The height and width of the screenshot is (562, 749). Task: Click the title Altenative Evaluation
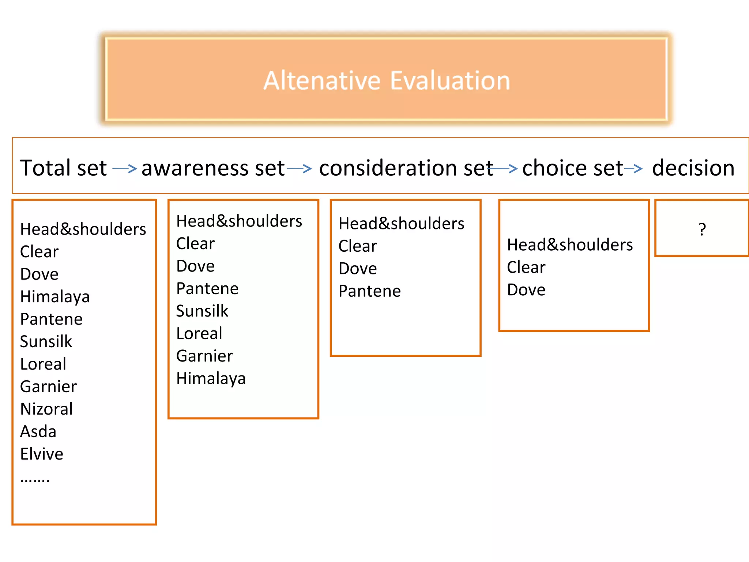pyautogui.click(x=387, y=80)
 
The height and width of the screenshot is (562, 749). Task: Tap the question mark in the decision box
pyautogui.click(x=702, y=229)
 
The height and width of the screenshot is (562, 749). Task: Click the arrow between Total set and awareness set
pyautogui.click(x=125, y=169)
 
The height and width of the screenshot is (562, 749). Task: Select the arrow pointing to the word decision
pyautogui.click(x=633, y=169)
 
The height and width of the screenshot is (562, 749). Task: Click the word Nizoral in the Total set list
pyautogui.click(x=46, y=409)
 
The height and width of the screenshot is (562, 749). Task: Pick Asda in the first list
pyautogui.click(x=38, y=432)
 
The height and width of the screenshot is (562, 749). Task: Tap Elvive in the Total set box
pyautogui.click(x=42, y=454)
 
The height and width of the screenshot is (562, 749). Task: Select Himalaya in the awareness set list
pyautogui.click(x=211, y=379)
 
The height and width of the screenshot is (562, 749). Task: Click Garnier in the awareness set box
pyautogui.click(x=204, y=356)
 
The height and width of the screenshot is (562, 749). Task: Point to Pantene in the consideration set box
pyautogui.click(x=370, y=291)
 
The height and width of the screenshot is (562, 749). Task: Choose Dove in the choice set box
pyautogui.click(x=526, y=290)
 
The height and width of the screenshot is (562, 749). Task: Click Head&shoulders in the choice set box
pyautogui.click(x=570, y=245)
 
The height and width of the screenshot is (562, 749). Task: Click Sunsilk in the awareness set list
pyautogui.click(x=202, y=311)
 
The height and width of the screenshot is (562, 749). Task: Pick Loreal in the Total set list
pyautogui.click(x=43, y=364)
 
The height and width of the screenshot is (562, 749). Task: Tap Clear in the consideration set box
pyautogui.click(x=358, y=246)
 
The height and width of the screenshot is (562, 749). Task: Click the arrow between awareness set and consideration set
pyautogui.click(x=300, y=169)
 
